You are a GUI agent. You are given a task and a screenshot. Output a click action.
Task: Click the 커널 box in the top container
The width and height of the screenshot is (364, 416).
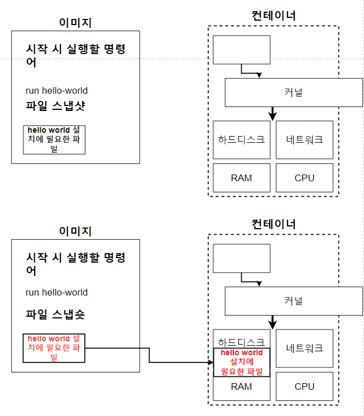pyautogui.click(x=294, y=92)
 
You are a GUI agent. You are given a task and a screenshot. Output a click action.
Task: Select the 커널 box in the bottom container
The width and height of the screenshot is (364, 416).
pyautogui.click(x=294, y=301)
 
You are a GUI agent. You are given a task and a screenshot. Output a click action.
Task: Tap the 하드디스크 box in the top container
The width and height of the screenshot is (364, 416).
pyautogui.click(x=241, y=139)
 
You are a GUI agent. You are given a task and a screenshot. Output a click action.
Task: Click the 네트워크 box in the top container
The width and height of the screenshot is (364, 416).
pyautogui.click(x=304, y=139)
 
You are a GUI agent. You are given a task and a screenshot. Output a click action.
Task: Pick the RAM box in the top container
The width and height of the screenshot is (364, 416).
pyautogui.click(x=241, y=178)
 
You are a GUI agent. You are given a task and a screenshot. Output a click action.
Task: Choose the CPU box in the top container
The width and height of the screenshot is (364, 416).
pyautogui.click(x=304, y=178)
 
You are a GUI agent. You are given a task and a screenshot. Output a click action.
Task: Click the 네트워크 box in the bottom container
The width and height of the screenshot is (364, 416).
pyautogui.click(x=304, y=348)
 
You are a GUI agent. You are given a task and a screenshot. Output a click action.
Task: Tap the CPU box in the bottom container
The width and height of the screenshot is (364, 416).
pyautogui.click(x=304, y=386)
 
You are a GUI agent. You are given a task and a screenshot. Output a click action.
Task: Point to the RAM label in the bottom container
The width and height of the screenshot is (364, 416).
pyautogui.click(x=241, y=386)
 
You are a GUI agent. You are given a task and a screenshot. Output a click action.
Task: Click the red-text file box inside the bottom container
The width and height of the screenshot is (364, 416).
pyautogui.click(x=241, y=362)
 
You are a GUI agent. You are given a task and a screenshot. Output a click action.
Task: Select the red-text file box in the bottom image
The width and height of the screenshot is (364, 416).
pyautogui.click(x=54, y=348)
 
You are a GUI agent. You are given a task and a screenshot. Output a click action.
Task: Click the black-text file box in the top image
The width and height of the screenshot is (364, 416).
pyautogui.click(x=54, y=139)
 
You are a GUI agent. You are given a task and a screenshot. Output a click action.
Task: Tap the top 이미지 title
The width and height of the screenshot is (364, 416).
pyautogui.click(x=75, y=22)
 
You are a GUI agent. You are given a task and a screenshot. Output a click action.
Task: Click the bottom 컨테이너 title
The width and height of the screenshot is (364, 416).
pyautogui.click(x=274, y=224)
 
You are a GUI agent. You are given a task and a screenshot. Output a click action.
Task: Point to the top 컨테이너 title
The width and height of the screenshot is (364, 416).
pyautogui.click(x=274, y=15)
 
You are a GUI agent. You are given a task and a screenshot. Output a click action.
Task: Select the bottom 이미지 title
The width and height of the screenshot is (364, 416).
pyautogui.click(x=75, y=231)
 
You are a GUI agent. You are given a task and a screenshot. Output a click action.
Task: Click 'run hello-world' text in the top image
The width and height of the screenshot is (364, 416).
pyautogui.click(x=56, y=90)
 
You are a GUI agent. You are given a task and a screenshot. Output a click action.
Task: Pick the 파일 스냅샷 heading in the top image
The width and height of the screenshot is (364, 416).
pyautogui.click(x=55, y=106)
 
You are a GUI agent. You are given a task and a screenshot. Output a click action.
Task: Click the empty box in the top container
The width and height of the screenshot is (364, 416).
pyautogui.click(x=241, y=50)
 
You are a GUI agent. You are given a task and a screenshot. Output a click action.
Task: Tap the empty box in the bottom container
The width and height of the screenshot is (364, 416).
pyautogui.click(x=241, y=258)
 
